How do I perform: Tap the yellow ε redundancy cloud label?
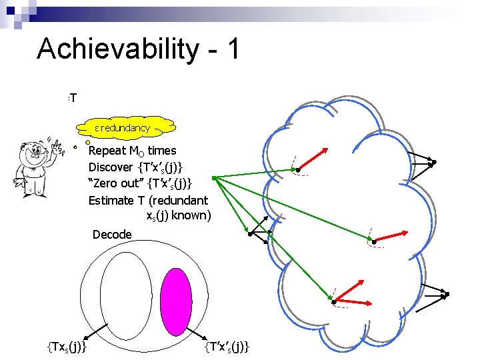[131, 127]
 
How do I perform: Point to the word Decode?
[112, 234]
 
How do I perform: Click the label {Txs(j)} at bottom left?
[70, 345]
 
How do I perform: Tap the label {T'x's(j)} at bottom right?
[227, 345]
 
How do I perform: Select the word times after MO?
[162, 151]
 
